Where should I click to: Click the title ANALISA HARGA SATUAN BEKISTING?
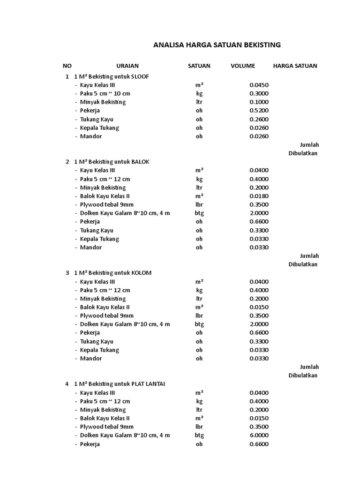[x=217, y=45]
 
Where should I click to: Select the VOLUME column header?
[x=243, y=66]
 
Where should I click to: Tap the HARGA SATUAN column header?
[x=295, y=66]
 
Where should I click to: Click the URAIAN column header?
[x=127, y=66]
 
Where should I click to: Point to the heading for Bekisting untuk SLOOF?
[x=112, y=76]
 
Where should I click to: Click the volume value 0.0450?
[x=259, y=85]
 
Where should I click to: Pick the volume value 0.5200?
[x=259, y=111]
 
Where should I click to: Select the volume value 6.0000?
[x=259, y=435]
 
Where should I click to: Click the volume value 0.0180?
[x=259, y=196]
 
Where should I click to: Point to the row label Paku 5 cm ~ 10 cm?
[x=105, y=93]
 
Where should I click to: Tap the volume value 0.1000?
[x=259, y=102]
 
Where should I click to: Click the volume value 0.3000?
[x=259, y=93]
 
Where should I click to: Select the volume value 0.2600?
[x=259, y=119]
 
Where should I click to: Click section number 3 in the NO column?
[x=67, y=273]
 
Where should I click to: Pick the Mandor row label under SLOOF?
[x=91, y=136]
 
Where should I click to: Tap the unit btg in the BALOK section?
[x=199, y=213]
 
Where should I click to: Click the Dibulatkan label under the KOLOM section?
[x=303, y=375]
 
